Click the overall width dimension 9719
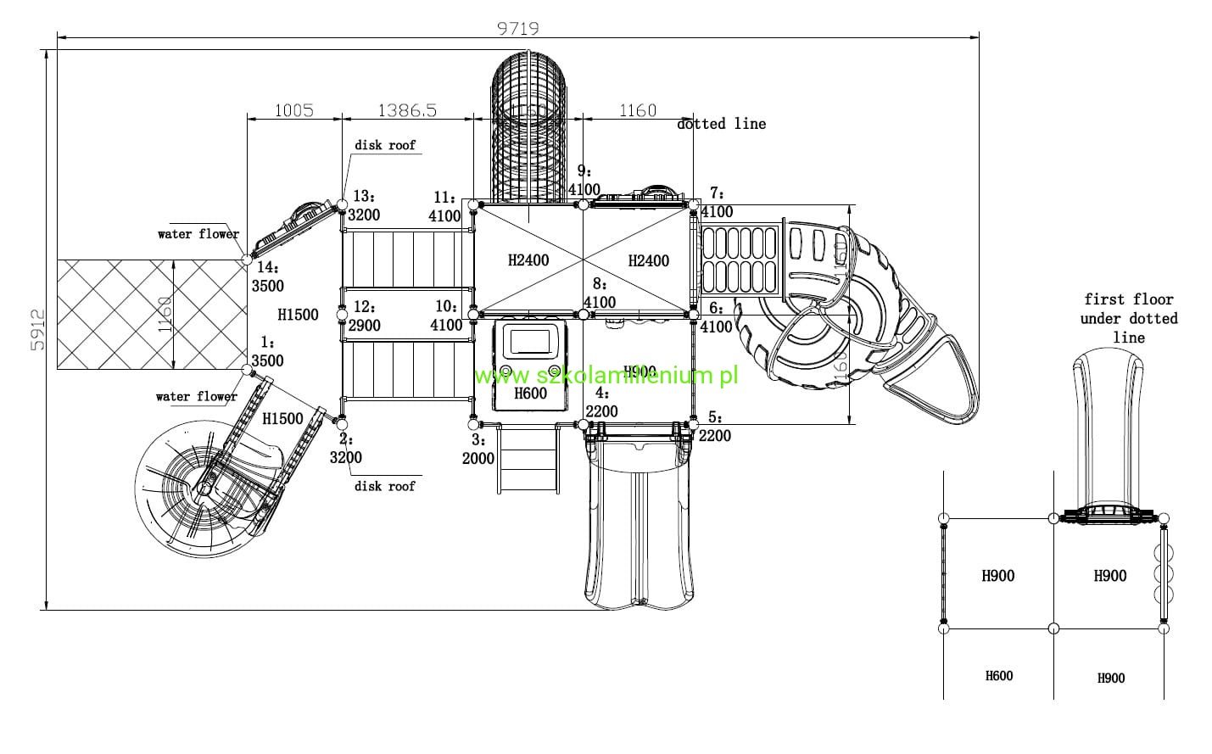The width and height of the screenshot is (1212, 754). click(517, 29)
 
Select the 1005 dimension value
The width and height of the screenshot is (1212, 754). click(294, 110)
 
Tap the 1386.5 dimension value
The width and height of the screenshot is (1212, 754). click(407, 110)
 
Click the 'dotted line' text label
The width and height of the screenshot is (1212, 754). click(721, 124)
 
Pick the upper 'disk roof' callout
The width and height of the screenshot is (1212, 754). click(385, 145)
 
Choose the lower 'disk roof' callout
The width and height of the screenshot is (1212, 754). click(385, 486)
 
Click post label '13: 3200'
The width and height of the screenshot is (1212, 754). click(364, 206)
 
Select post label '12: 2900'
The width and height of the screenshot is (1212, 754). click(364, 316)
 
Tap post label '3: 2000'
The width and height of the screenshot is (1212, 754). click(478, 449)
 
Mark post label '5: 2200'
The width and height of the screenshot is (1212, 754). click(715, 427)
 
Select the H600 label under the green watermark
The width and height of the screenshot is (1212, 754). click(531, 394)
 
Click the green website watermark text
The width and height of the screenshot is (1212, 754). click(606, 375)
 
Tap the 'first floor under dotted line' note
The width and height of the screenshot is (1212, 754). click(1129, 318)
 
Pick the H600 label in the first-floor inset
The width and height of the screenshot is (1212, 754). click(998, 676)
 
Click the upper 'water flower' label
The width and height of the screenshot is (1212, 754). click(198, 234)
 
